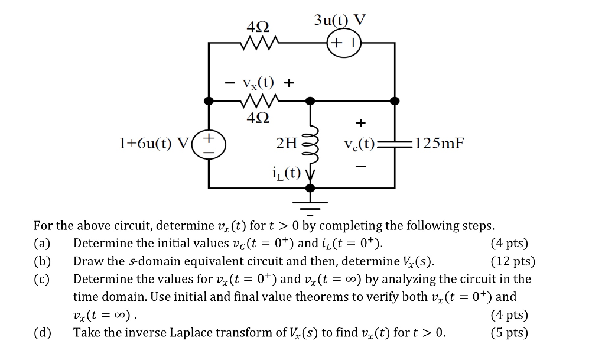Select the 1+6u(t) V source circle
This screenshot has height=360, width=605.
point(209,144)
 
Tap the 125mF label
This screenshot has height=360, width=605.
point(440,143)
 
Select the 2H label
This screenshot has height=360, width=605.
point(288,143)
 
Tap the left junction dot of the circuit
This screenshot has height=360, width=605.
point(209,102)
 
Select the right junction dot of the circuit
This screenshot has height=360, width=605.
point(394,102)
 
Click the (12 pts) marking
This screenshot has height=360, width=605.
point(512,261)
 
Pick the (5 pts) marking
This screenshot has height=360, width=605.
point(509,333)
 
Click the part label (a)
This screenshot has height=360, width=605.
point(43,244)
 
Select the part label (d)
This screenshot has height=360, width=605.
point(43,333)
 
